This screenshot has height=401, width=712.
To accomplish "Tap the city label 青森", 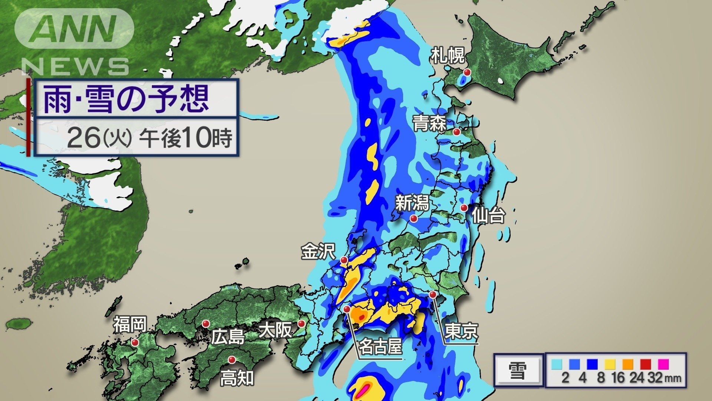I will click(x=429, y=124).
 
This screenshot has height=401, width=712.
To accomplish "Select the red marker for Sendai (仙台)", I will click(x=464, y=208).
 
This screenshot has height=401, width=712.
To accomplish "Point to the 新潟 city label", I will click(x=412, y=203).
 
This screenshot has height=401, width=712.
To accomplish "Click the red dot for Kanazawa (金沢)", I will click(x=344, y=260).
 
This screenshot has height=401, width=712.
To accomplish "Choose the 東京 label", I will click(x=461, y=331).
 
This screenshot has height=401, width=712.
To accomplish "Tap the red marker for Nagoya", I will click(x=347, y=309).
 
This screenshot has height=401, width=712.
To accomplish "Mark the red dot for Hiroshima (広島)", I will click(x=205, y=324).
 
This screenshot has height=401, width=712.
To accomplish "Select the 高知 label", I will click(x=237, y=378).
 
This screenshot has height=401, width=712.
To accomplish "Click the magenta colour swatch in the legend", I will click(x=663, y=364).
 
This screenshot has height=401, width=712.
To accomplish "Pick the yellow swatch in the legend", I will click(x=610, y=364).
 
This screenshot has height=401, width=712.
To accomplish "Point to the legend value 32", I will click(x=655, y=378).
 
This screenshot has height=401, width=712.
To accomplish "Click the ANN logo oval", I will click(x=74, y=29).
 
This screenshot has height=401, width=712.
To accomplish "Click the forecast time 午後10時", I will click(x=185, y=138).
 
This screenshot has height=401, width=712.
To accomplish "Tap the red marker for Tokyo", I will click(x=433, y=294).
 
